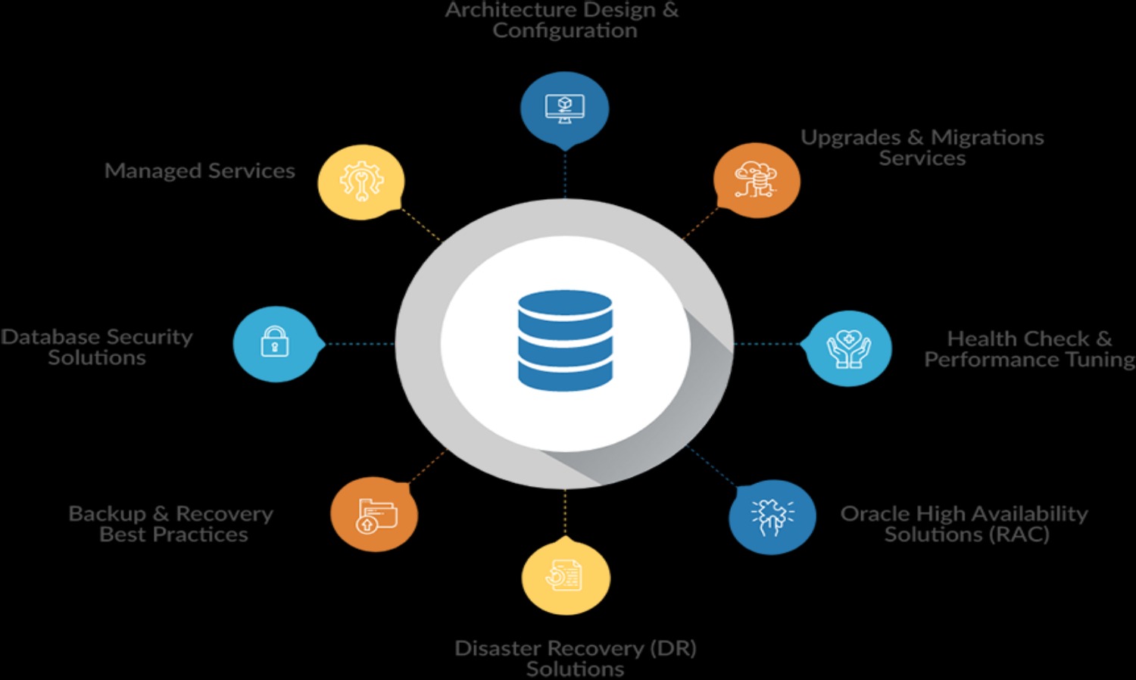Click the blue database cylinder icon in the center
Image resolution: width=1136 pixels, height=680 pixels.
(x=565, y=340)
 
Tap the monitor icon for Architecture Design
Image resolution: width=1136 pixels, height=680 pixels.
(x=564, y=108)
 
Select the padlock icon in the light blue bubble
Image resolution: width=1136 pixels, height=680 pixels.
(x=275, y=342)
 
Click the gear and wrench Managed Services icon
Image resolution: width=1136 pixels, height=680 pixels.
(x=361, y=182)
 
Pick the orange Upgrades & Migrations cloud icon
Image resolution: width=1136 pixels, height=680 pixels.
(x=756, y=180)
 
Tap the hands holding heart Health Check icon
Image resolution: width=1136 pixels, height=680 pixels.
(x=848, y=348)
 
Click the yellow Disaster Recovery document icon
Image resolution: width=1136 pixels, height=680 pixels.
(x=565, y=576)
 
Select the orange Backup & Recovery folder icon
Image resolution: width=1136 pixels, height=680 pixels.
(x=375, y=516)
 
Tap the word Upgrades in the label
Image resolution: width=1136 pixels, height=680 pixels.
(x=850, y=138)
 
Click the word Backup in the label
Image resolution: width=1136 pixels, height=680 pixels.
(x=107, y=514)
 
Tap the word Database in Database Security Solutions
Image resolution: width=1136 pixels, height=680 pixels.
(x=50, y=337)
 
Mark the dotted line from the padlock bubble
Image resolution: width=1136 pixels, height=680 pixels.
(x=359, y=344)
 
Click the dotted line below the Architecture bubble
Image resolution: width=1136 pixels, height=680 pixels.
(x=565, y=174)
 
